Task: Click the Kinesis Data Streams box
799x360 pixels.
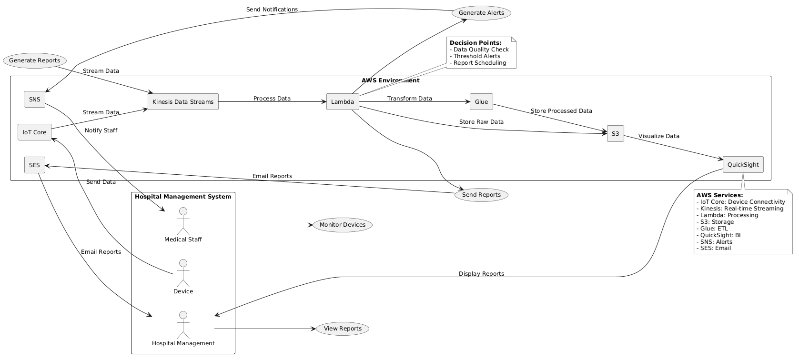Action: (183, 102)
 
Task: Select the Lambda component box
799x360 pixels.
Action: (343, 102)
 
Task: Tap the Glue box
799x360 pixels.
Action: (481, 102)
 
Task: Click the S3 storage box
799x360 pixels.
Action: (615, 134)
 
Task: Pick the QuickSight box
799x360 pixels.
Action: (743, 165)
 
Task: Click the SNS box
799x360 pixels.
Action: (34, 99)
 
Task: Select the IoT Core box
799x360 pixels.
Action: (34, 132)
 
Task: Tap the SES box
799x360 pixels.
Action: (34, 165)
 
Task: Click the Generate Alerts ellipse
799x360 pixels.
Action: (481, 13)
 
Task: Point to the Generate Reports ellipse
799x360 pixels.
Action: (34, 60)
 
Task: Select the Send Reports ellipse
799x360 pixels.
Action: (481, 195)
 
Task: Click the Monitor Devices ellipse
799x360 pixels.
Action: (342, 225)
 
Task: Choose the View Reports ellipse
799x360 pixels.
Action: (342, 329)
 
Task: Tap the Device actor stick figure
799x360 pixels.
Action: (183, 272)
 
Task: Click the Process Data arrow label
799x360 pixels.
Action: (272, 99)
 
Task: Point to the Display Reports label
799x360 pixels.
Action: (481, 274)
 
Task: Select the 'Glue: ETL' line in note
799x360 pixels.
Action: (712, 228)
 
